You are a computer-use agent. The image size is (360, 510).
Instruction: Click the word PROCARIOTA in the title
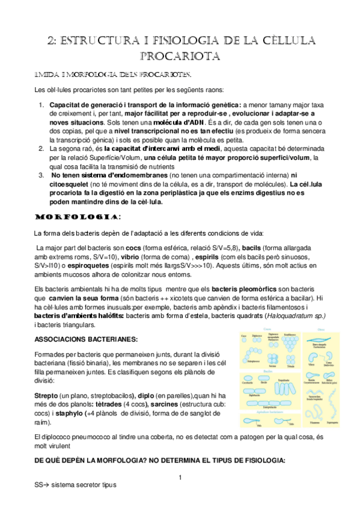180,56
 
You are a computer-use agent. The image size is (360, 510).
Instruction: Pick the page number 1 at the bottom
180,478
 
